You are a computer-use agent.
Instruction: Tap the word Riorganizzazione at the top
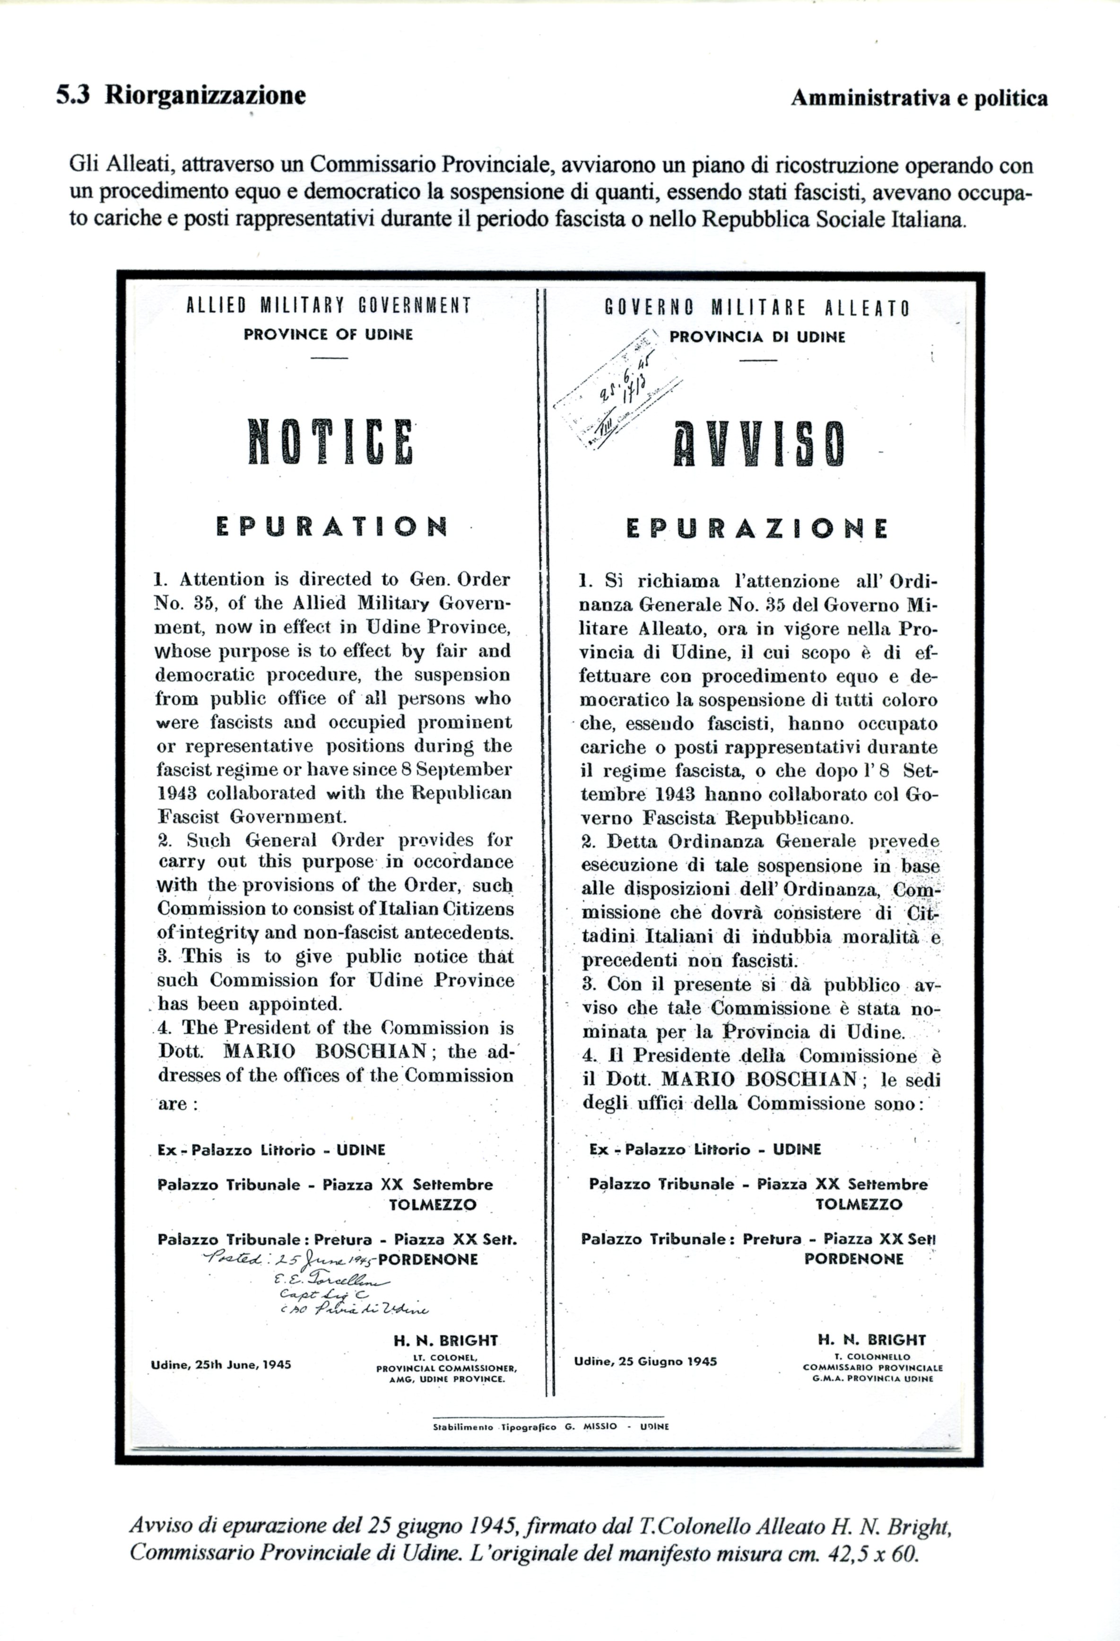(205, 96)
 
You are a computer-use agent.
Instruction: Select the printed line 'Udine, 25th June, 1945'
(221, 1385)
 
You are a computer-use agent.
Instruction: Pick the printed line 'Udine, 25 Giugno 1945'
(645, 1381)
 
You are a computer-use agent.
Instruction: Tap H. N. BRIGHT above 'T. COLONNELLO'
(872, 1359)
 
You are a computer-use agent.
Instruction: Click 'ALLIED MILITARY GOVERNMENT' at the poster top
(328, 306)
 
